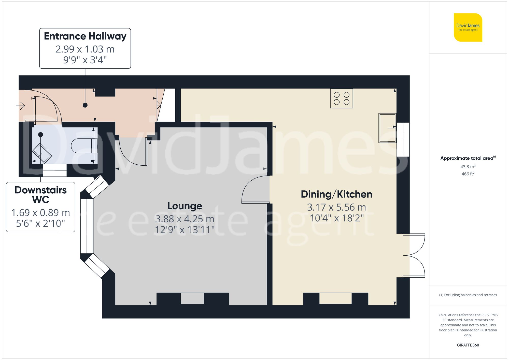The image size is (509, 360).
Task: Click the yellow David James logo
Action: point(468,27)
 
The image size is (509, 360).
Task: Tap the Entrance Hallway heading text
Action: point(85,36)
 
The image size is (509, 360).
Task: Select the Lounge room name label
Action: point(185,206)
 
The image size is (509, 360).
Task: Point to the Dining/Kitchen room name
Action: point(336,194)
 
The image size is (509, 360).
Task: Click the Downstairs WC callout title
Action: point(40,195)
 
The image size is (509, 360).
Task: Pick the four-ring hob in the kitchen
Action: point(341,98)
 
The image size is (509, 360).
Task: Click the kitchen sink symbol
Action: point(387,128)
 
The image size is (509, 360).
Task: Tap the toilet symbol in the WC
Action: point(83,146)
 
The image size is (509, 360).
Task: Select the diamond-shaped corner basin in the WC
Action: point(42,153)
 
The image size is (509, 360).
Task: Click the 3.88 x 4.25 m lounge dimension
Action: point(185,219)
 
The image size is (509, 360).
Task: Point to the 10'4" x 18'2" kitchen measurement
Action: point(336,218)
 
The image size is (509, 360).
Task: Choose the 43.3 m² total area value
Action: point(468,167)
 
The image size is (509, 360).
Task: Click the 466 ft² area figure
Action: point(468,174)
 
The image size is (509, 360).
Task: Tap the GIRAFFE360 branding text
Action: point(468,345)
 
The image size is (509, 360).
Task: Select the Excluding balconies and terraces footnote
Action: point(468,295)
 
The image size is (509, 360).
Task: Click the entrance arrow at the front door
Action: point(21,105)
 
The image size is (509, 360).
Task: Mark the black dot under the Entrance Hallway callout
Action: point(85,105)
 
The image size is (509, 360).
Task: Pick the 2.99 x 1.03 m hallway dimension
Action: point(85,49)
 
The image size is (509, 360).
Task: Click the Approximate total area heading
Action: point(468,158)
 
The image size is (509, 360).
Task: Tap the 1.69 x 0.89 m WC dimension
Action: point(40,213)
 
